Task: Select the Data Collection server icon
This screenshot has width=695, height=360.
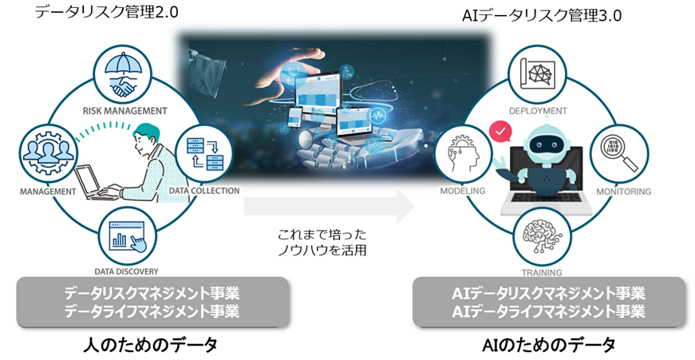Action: [x=203, y=152]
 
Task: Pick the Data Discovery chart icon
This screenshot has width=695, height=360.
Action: [x=126, y=232]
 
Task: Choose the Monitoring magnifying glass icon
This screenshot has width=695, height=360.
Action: [x=623, y=152]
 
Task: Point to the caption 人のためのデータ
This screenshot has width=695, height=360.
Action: [x=151, y=345]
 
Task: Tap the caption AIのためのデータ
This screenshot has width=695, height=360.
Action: [x=550, y=345]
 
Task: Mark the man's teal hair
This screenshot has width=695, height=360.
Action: [x=147, y=131]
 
